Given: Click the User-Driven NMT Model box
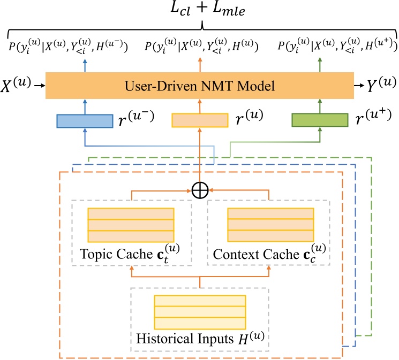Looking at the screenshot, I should click(200, 85).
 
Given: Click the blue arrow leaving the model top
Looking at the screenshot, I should click(84, 63).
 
